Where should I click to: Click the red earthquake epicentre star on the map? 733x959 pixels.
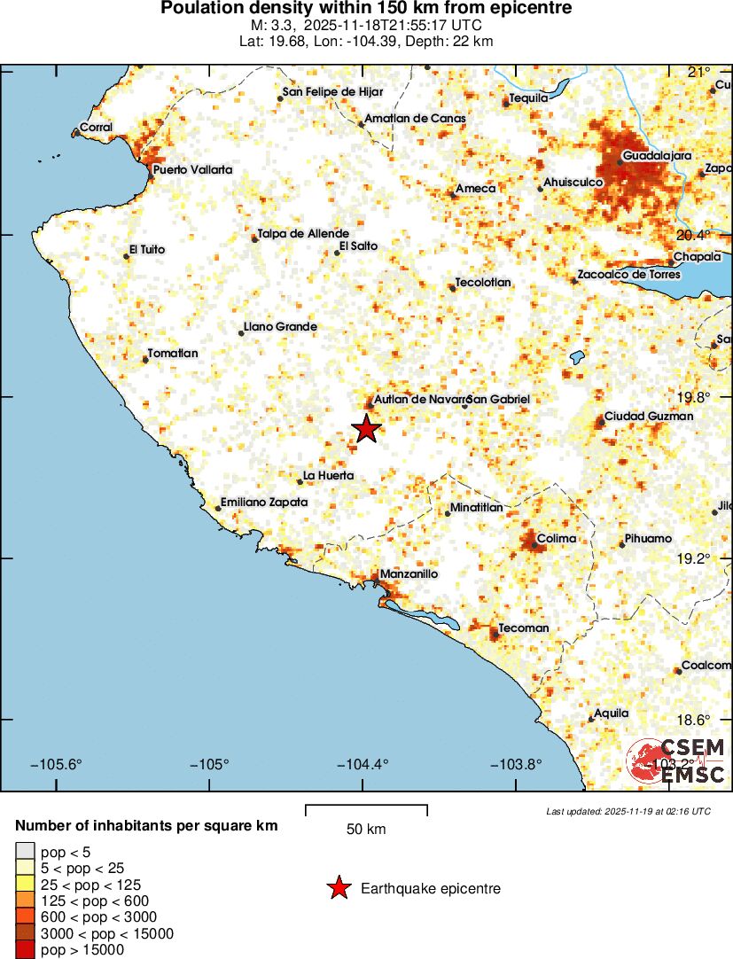click(366, 429)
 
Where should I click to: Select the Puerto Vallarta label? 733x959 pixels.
click(192, 169)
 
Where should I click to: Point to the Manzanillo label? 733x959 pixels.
click(409, 573)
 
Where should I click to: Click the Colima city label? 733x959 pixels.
click(557, 538)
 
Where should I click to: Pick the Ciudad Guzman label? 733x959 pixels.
click(649, 416)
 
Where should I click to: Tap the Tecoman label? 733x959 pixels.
click(524, 628)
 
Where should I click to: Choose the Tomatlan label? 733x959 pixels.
click(173, 353)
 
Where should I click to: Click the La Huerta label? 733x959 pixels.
click(328, 476)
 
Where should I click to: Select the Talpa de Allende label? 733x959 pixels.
click(297, 234)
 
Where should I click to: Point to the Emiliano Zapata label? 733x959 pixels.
click(264, 502)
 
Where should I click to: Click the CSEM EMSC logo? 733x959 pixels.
click(677, 760)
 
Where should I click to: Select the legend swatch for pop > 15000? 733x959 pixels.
click(26, 949)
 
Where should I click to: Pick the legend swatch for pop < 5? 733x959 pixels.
click(26, 852)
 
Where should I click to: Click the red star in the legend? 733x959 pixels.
click(338, 888)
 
